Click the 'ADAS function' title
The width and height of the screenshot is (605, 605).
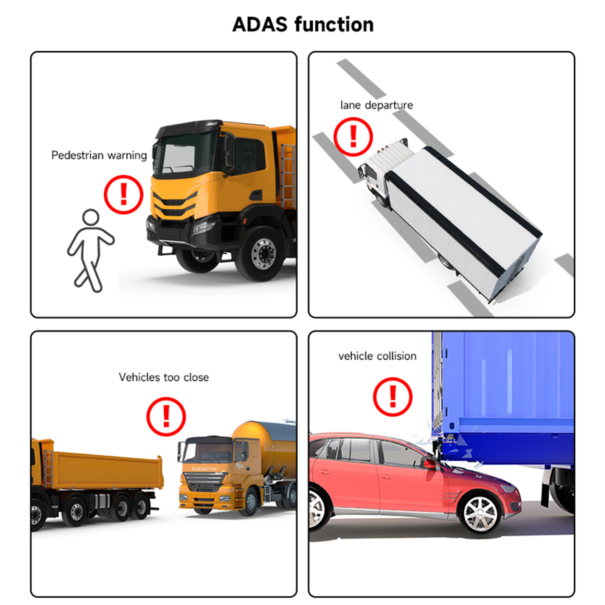pyautogui.click(x=302, y=25)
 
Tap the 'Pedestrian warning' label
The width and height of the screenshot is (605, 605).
pyautogui.click(x=99, y=155)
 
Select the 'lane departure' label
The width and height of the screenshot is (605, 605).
pyautogui.click(x=376, y=105)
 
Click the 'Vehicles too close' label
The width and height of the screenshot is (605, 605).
pyautogui.click(x=163, y=377)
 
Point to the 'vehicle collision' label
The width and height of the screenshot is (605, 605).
pyautogui.click(x=377, y=356)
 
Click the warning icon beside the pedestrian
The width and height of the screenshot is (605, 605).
pyautogui.click(x=123, y=194)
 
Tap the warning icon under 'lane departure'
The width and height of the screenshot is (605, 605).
pyautogui.click(x=353, y=137)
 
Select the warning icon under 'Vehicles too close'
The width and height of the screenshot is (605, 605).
pyautogui.click(x=166, y=416)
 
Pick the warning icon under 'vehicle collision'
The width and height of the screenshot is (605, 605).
pyautogui.click(x=392, y=397)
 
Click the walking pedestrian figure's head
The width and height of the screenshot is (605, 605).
pyautogui.click(x=91, y=217)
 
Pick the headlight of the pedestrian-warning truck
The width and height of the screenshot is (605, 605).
pyautogui.click(x=203, y=228)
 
